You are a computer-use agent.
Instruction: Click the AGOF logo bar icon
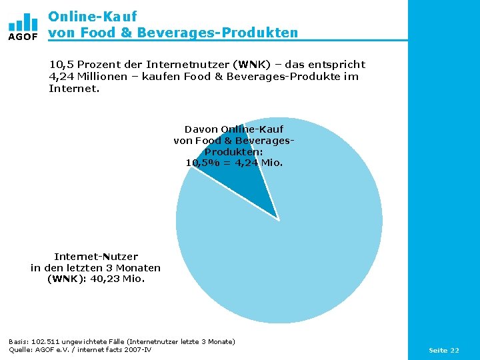(x=23, y=22)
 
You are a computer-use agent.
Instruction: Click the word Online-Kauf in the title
(x=93, y=17)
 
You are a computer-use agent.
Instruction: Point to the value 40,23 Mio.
(x=117, y=279)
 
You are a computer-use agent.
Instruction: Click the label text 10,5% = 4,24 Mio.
(x=234, y=163)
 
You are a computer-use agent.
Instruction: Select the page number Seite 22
(x=444, y=350)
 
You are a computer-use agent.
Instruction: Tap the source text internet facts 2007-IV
(x=114, y=349)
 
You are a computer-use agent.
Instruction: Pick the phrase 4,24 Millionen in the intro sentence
(x=88, y=76)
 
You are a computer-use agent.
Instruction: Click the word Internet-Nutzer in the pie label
(x=96, y=256)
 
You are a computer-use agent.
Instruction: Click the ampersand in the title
(x=126, y=33)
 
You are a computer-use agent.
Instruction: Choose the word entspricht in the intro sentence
(x=337, y=65)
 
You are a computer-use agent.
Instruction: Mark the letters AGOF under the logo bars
(x=23, y=37)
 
